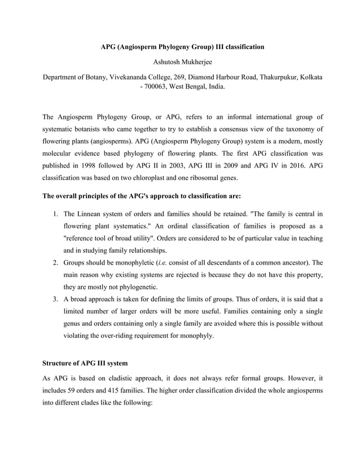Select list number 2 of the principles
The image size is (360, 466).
(x=56, y=263)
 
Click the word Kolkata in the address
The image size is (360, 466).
(x=310, y=76)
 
